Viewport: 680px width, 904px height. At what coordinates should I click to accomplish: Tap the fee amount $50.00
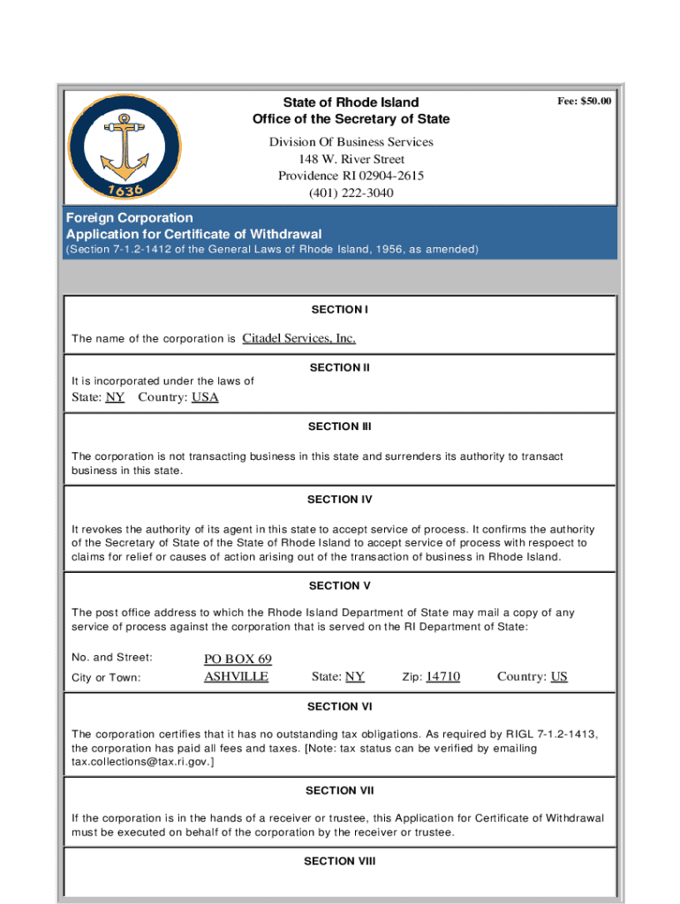point(584,102)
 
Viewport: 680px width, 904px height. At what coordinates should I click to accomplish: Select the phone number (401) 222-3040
point(351,192)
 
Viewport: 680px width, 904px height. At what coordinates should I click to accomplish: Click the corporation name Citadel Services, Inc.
point(298,338)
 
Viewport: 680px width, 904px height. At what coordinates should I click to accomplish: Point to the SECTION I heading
point(339,310)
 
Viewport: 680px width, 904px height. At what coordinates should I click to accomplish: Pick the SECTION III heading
point(339,426)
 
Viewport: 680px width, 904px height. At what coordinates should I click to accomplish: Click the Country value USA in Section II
point(205,397)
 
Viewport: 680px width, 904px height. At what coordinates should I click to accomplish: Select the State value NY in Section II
point(115,397)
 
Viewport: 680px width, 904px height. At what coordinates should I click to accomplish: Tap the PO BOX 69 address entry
point(238,659)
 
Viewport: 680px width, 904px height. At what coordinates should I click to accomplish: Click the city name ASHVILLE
point(236,677)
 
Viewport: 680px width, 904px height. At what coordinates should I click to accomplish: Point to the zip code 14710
point(442,677)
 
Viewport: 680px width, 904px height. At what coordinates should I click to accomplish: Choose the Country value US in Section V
point(559,677)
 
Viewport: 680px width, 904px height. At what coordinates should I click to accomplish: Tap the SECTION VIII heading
point(339,861)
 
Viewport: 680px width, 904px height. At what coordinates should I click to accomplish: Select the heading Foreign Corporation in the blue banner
point(129,217)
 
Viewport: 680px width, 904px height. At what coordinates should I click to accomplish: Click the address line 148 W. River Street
point(351,159)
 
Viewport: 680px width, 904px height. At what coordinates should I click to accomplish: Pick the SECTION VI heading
point(339,706)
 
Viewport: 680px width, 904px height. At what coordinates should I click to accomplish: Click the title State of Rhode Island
point(351,102)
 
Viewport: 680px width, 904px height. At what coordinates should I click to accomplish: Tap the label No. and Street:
point(112,658)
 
